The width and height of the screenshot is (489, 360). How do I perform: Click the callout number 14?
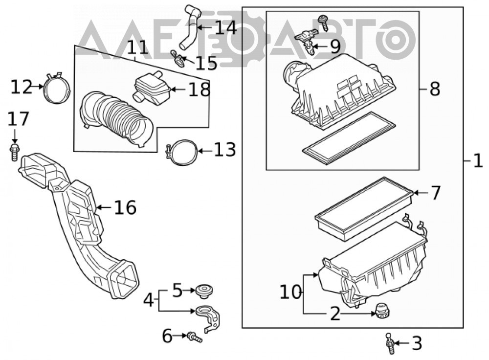coord(226,27)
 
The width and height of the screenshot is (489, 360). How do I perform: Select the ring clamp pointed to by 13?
coord(182,153)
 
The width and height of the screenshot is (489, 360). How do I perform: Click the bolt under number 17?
coord(14,152)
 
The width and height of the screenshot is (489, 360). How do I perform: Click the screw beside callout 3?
coord(390,343)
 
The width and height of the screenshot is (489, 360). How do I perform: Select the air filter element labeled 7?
coord(364,209)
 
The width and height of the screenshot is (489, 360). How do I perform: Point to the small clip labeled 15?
coord(178,58)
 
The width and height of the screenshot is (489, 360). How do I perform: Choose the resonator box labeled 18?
coord(152,88)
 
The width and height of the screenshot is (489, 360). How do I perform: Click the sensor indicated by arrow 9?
coord(307,40)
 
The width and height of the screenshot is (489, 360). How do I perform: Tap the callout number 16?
coord(125,207)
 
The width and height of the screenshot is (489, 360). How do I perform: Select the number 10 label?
coord(290,292)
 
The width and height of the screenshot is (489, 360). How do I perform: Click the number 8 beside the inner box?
coord(435,89)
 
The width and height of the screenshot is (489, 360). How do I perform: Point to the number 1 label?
coord(478,161)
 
